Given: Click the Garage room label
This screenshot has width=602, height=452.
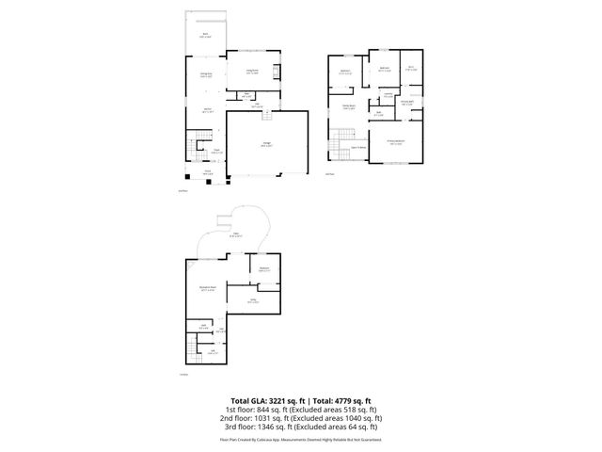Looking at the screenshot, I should (267, 144).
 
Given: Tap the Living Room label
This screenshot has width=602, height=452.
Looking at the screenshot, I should (252, 71).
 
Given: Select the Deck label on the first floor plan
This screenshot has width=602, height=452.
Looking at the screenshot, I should (205, 35).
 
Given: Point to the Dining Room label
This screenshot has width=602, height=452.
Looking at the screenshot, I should (205, 74).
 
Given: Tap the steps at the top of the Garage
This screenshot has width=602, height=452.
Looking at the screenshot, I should (266, 114).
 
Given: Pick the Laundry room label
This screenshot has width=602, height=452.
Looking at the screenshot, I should (387, 94).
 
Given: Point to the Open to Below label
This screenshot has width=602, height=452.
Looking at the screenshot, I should (357, 149).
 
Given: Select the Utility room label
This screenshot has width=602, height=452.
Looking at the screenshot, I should (253, 301).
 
